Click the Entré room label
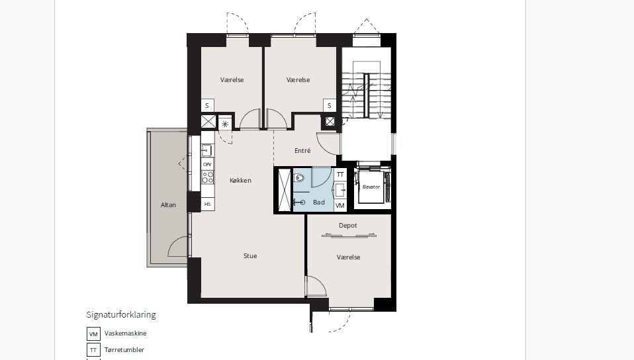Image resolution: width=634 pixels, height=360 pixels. click(x=302, y=150)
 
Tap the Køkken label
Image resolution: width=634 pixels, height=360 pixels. click(x=241, y=181)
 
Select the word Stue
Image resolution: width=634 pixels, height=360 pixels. click(x=250, y=255)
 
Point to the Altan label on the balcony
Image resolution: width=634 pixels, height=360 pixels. click(x=168, y=204)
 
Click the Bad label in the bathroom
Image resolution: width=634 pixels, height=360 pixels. click(x=318, y=202)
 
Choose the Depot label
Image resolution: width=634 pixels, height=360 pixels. click(x=347, y=225)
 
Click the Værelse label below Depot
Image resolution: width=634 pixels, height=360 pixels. click(x=348, y=257)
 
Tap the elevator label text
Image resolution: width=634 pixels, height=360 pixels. click(x=371, y=187)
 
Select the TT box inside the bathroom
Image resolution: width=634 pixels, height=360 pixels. click(x=340, y=174)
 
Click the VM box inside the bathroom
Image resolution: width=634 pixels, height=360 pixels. click(x=340, y=206)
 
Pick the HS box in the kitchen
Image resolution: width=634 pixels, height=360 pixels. click(x=207, y=204)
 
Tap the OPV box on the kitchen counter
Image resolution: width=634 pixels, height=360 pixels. click(x=207, y=164)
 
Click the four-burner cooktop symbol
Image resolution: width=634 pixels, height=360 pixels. click(x=208, y=177)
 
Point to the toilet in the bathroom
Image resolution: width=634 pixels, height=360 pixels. click(x=299, y=177)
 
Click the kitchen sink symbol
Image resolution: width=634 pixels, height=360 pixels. click(x=207, y=150)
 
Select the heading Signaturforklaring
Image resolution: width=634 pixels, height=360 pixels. click(x=121, y=315)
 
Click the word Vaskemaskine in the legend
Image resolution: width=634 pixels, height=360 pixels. click(x=125, y=334)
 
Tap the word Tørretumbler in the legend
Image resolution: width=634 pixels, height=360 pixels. click(x=124, y=350)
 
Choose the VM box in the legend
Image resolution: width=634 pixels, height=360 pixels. click(x=93, y=334)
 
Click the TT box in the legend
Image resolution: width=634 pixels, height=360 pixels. click(x=93, y=350)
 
